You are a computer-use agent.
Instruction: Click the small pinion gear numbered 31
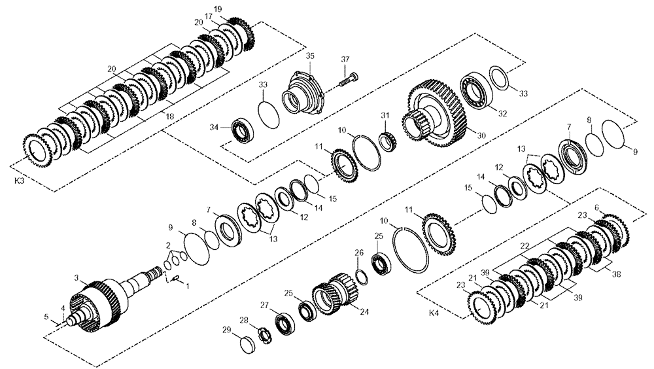click(387, 140)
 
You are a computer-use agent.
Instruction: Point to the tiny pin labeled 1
click(175, 280)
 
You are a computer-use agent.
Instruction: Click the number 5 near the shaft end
click(46, 317)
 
